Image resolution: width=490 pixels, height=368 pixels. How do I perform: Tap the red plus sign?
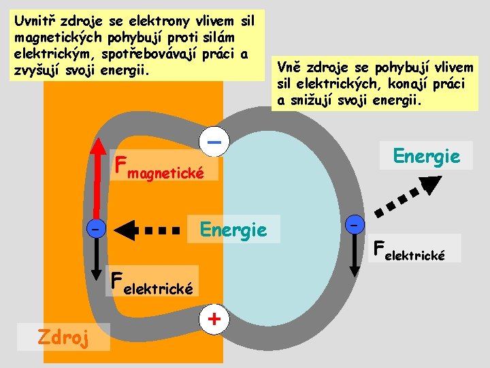[214, 318]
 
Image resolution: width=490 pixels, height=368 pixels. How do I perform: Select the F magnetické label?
[161, 167]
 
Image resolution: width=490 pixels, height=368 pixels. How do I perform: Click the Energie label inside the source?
[233, 230]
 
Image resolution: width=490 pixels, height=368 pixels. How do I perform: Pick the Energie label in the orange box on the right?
[427, 156]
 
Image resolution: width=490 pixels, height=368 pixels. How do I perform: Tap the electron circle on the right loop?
[354, 224]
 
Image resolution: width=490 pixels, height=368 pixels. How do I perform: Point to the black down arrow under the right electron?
[354, 256]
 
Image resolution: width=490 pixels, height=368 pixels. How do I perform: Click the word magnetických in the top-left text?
[56, 34]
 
